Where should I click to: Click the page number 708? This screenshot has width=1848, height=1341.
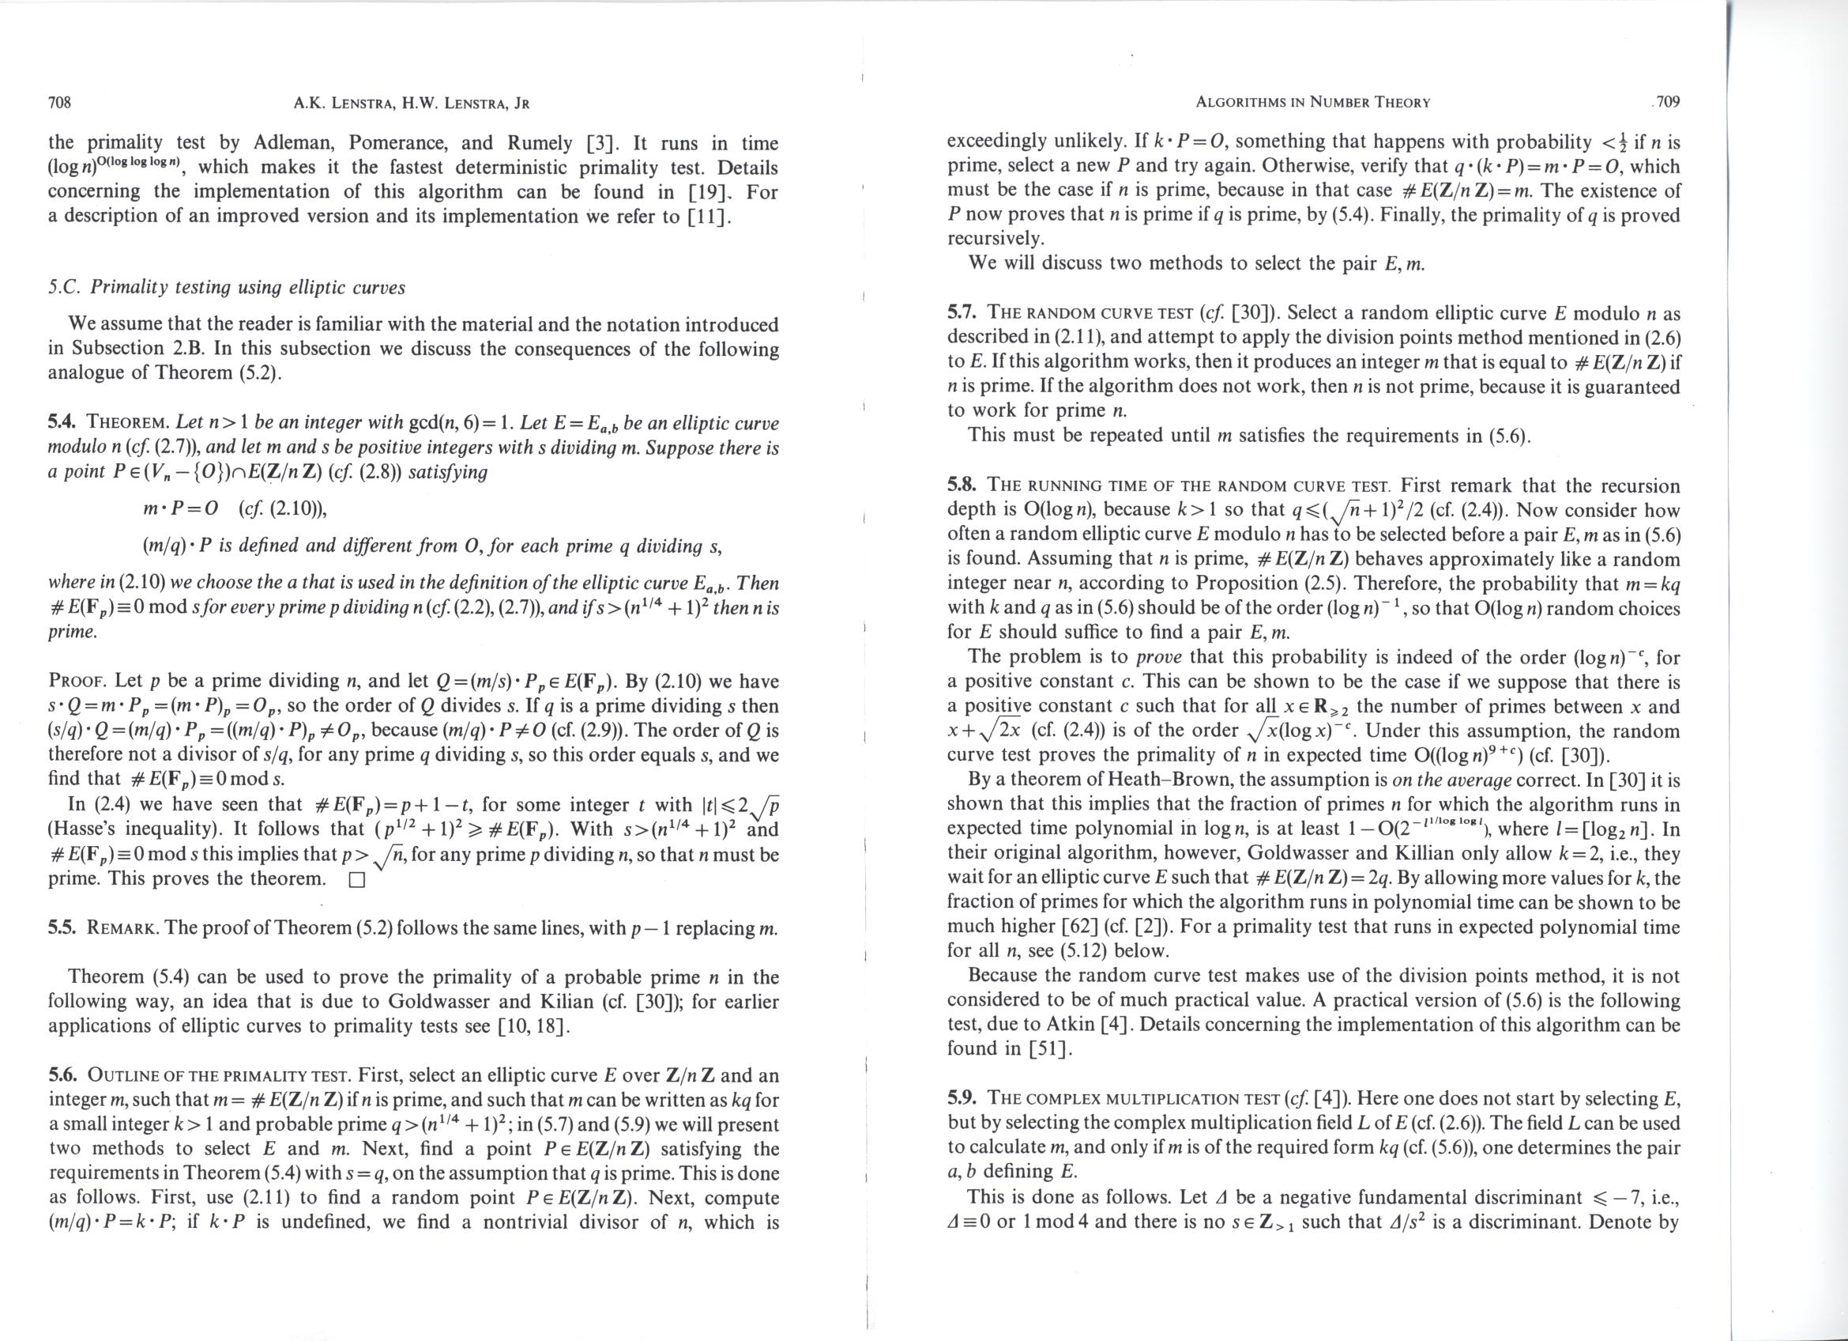pos(60,103)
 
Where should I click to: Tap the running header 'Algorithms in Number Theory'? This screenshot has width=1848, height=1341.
pos(1312,103)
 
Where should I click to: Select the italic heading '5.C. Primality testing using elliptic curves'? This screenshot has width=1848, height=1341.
pos(227,288)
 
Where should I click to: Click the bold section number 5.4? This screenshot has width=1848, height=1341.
pos(62,422)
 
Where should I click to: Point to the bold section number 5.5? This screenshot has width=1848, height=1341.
pos(62,928)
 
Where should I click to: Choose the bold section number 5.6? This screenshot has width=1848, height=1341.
pos(62,1076)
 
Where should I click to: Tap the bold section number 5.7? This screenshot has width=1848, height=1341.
pos(962,313)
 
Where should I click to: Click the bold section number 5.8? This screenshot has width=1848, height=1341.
pos(962,485)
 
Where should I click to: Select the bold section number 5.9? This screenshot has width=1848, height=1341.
pos(962,1098)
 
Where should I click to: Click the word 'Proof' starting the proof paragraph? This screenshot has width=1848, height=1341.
pos(78,681)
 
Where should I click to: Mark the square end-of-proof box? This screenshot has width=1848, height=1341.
pos(355,882)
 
